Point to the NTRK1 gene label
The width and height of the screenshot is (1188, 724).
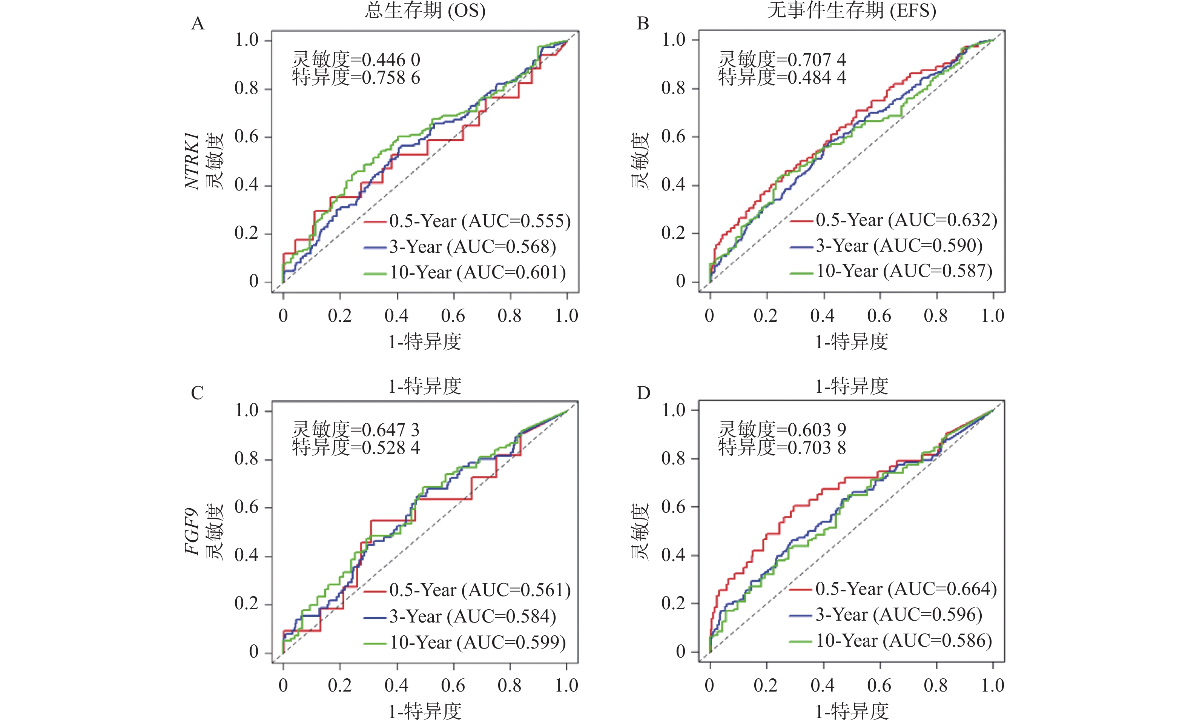click(x=192, y=161)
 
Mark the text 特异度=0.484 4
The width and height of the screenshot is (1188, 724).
click(x=782, y=78)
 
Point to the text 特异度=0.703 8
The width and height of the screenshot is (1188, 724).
click(x=782, y=447)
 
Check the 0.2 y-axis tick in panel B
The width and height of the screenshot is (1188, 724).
click(x=673, y=233)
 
